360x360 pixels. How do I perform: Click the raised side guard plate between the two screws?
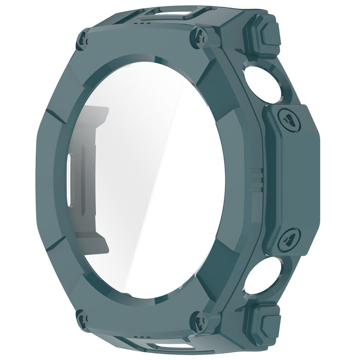(x=294, y=179)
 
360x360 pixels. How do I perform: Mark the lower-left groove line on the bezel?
(x=56, y=243)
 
